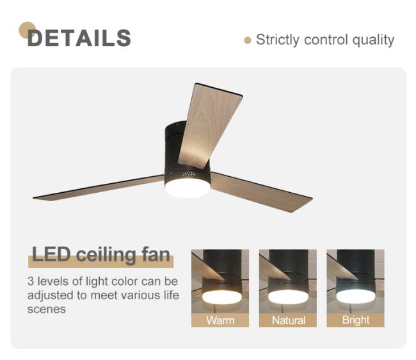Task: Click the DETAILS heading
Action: point(79,38)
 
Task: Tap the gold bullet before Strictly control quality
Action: point(248,40)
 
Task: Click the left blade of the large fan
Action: point(99,188)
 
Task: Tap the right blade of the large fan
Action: point(261,192)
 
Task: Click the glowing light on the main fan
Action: point(188,187)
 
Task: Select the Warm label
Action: point(220,320)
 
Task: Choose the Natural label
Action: point(289,320)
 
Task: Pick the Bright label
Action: point(356,320)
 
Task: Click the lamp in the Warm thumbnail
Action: point(222,297)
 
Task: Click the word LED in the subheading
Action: point(51,254)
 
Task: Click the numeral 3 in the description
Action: point(31,281)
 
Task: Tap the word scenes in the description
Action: point(47,309)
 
